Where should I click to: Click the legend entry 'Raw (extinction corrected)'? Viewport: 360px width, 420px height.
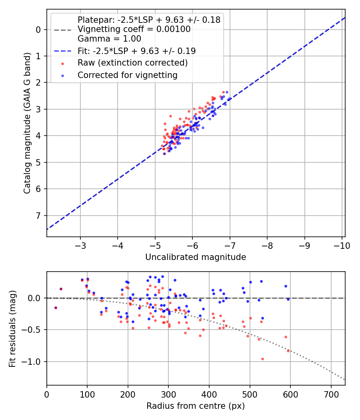coord(132,63)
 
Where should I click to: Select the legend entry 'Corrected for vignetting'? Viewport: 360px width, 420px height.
coord(127,75)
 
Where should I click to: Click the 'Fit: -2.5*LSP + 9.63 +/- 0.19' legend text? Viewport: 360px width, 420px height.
coord(136,51)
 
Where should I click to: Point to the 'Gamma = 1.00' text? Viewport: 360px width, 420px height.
coord(109,39)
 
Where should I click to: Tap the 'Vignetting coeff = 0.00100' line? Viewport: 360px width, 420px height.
coord(134,29)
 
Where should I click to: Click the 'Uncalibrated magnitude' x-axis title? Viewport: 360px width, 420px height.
coord(196,257)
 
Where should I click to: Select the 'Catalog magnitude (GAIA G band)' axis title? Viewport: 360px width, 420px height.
coord(27,123)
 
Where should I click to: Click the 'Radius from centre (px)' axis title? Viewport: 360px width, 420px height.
coord(196,406)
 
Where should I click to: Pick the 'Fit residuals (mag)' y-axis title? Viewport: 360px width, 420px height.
coord(12,328)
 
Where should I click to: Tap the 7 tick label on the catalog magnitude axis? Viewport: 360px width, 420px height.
coord(38,216)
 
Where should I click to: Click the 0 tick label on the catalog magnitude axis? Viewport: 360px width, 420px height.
coord(38,30)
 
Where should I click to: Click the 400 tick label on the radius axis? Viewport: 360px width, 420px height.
coord(209,394)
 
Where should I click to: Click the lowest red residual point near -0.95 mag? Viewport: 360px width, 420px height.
coord(262,359)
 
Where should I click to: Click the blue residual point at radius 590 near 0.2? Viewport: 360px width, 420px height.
coord(286,286)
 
